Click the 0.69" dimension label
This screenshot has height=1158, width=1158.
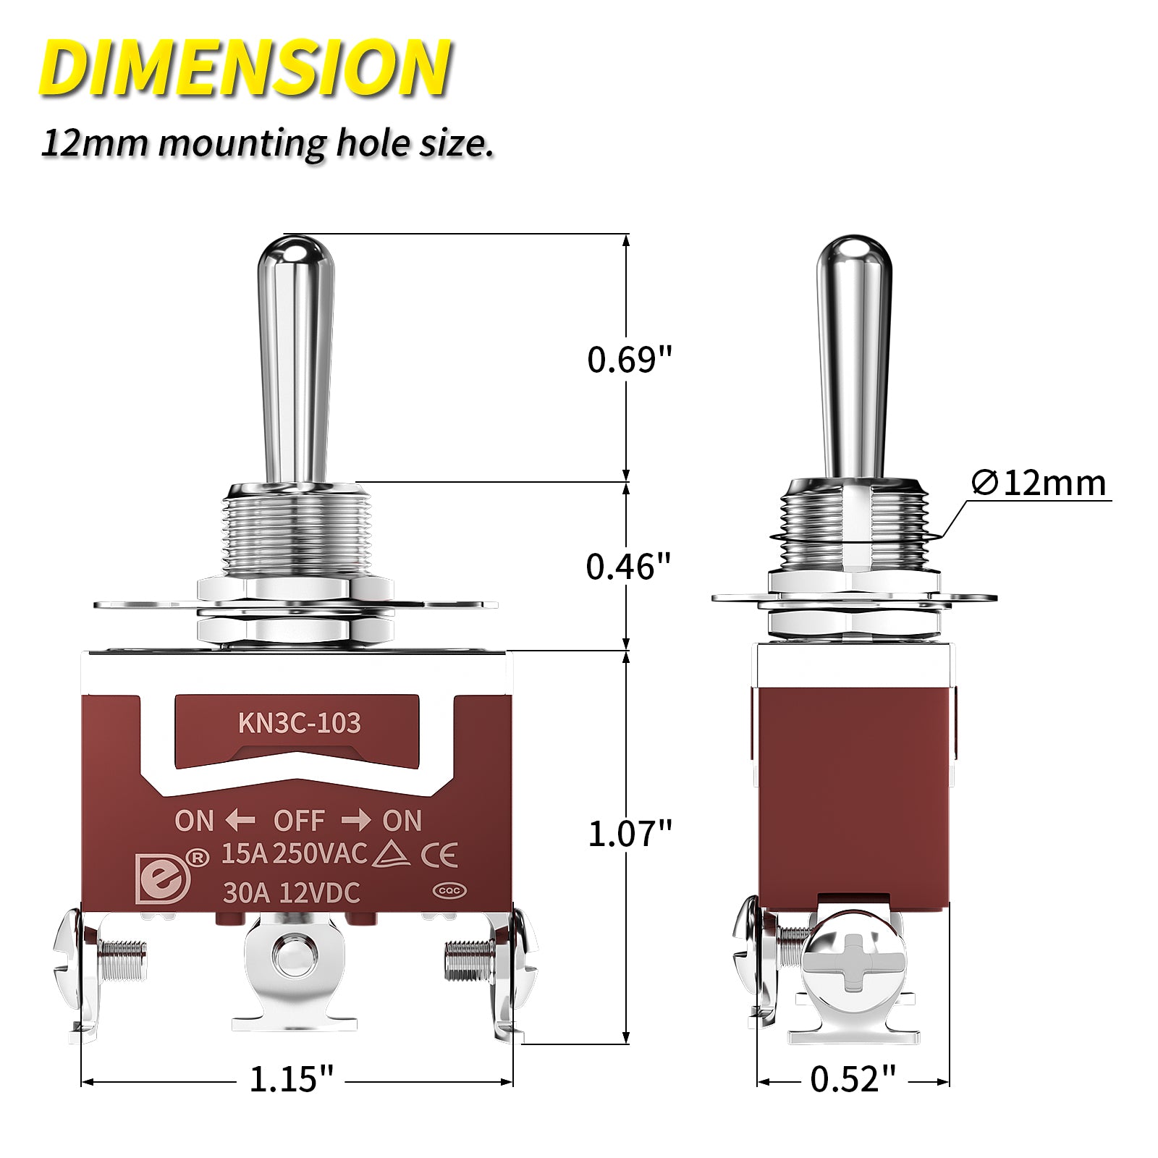coord(629,360)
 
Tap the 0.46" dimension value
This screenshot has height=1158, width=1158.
coord(628,567)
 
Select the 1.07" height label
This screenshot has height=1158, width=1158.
coord(629,834)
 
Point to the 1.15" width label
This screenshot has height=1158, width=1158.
coord(291,1079)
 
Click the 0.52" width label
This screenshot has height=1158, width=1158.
coord(853,1079)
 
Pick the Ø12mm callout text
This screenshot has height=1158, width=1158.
coord(1039,483)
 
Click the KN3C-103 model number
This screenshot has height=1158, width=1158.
coord(299,723)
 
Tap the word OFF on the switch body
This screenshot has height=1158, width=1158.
coord(299,821)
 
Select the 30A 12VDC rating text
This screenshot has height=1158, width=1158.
coord(291,893)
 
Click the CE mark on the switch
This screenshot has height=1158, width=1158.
coord(439,855)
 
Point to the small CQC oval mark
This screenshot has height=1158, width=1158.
coord(449,891)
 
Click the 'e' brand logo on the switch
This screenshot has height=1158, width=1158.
coord(163,879)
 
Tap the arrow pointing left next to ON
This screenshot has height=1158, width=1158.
coord(240,821)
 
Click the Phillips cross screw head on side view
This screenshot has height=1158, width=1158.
coord(854,962)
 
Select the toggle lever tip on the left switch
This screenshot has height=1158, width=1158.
coord(295,253)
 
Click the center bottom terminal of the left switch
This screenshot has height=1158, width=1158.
coord(294,963)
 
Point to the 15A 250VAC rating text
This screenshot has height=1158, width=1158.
coord(294,854)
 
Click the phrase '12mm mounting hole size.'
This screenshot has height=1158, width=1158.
coord(267,143)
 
